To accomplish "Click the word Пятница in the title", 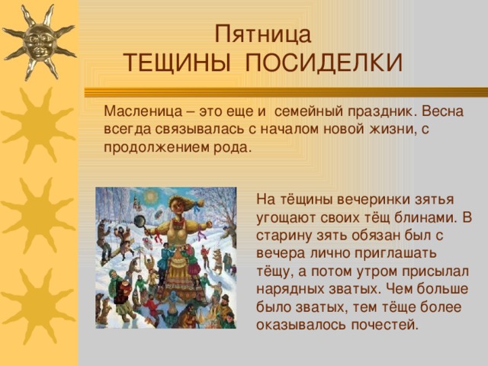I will (262, 35).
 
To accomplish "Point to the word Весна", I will (442, 113).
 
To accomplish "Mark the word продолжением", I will (151, 147).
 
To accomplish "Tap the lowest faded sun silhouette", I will (38, 305).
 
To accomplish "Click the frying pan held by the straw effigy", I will (140, 221).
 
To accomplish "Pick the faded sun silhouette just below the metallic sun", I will (38, 124).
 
